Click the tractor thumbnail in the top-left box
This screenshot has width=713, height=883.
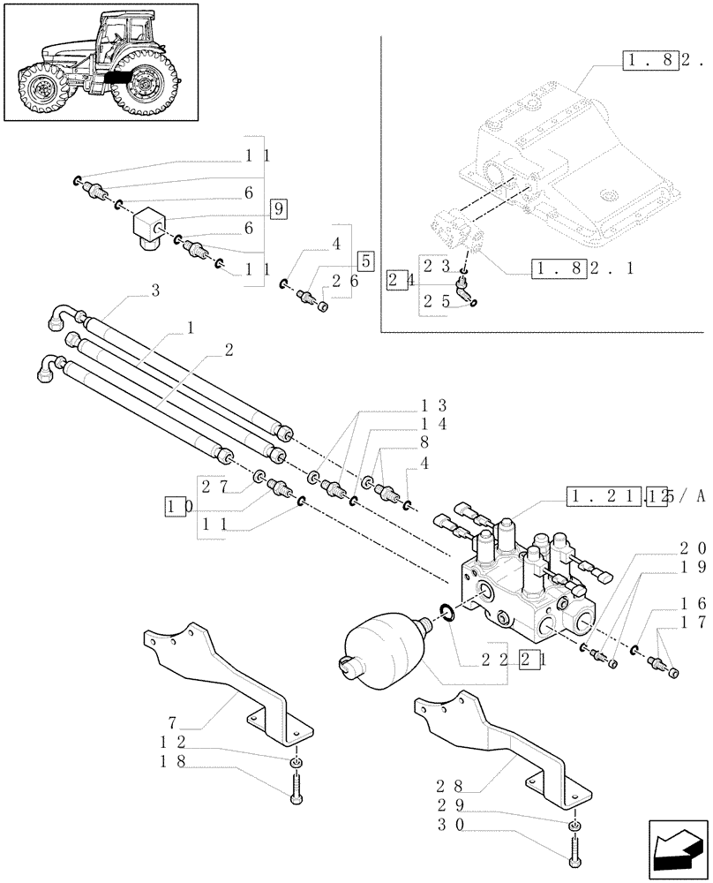tap(101, 63)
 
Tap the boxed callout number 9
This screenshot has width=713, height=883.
tap(278, 209)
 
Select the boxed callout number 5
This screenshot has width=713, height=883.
tap(365, 260)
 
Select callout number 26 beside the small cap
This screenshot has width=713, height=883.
tap(343, 281)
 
